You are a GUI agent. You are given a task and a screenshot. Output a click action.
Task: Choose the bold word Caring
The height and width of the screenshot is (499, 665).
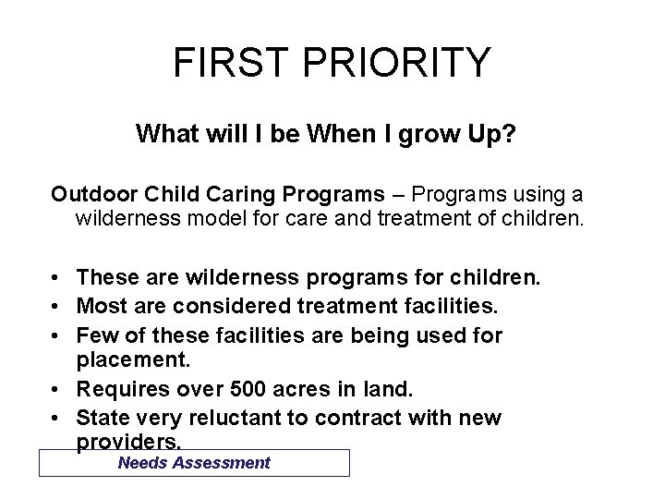click(x=232, y=194)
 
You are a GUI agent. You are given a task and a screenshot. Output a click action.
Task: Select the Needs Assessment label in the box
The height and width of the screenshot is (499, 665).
click(x=194, y=463)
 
